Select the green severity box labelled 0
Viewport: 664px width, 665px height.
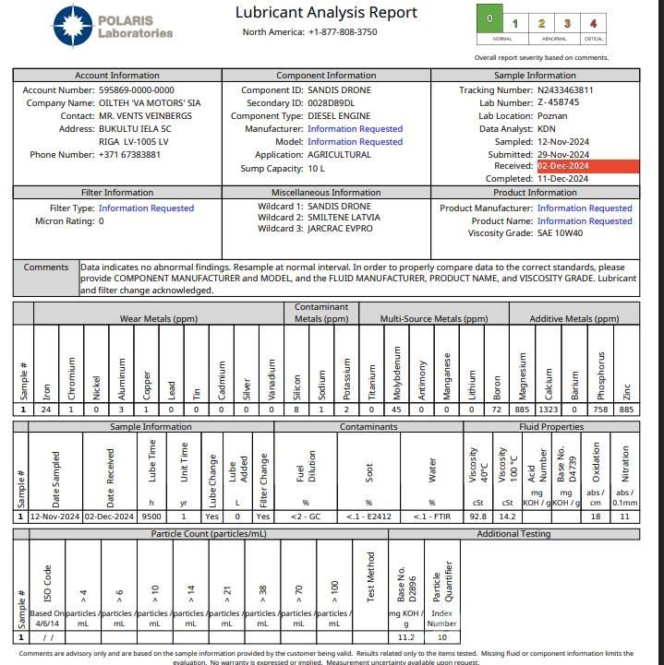489,20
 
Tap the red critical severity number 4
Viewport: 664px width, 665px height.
594,24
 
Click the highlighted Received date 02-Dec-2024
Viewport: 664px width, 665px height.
563,167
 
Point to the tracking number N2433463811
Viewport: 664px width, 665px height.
578,90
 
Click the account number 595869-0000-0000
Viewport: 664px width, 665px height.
136,90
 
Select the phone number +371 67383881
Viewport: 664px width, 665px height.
129,155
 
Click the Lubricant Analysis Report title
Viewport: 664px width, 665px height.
326,13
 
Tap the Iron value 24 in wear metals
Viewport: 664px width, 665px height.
47,410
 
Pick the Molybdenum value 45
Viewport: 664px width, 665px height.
395,410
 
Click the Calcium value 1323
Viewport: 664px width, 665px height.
549,410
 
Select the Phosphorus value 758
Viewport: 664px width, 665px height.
600,410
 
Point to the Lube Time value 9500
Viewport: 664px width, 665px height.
151,517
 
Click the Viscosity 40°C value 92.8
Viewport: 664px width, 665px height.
478,517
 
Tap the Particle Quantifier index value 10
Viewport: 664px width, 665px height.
441,637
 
